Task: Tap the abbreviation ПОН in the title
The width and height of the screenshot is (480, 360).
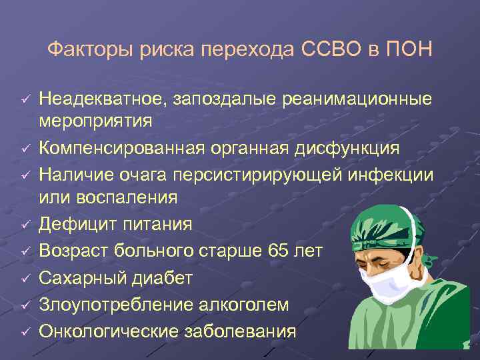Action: tap(413, 49)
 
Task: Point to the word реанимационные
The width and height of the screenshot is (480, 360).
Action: tap(357, 99)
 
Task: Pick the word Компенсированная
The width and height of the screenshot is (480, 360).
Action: tap(113, 147)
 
